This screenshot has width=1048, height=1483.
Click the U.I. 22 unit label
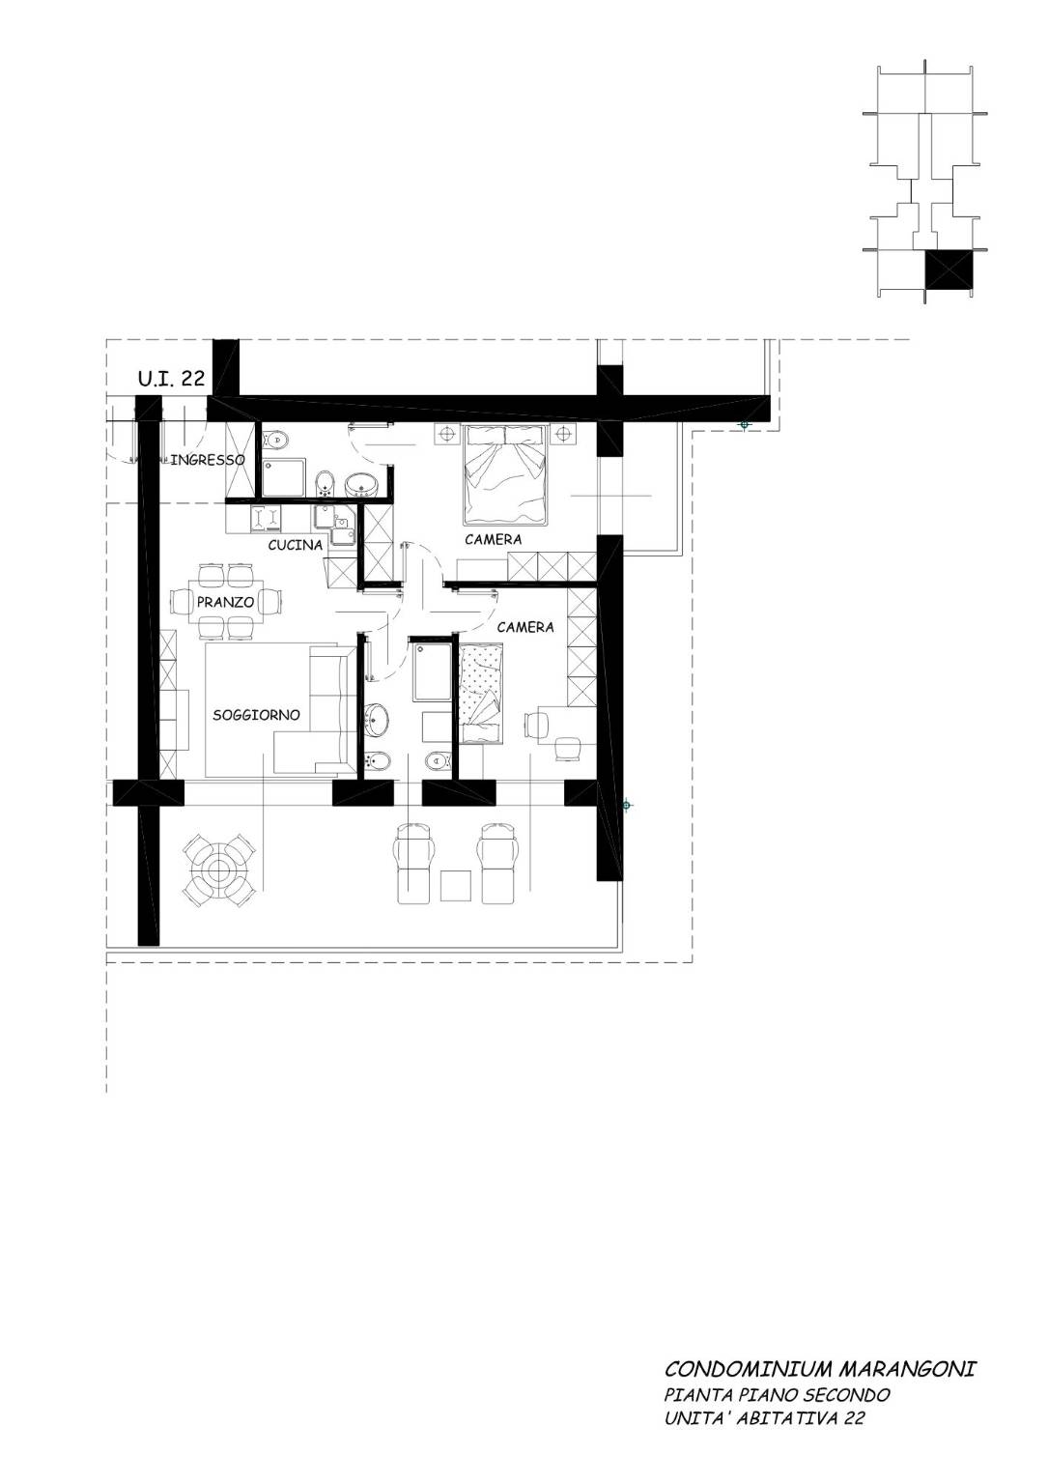tap(172, 378)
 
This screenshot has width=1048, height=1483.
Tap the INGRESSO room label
tap(208, 460)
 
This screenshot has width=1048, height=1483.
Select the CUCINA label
tap(296, 545)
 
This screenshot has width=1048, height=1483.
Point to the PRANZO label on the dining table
tap(225, 602)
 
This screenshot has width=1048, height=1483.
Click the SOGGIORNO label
tap(256, 715)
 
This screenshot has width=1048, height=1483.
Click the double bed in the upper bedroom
tap(506, 475)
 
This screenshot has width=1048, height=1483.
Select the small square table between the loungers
tap(456, 886)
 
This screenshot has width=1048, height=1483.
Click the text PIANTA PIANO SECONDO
tap(778, 1395)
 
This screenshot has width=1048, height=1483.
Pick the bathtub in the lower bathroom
tap(433, 670)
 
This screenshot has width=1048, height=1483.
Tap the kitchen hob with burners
tap(267, 519)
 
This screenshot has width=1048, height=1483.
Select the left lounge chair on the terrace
tap(413, 864)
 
